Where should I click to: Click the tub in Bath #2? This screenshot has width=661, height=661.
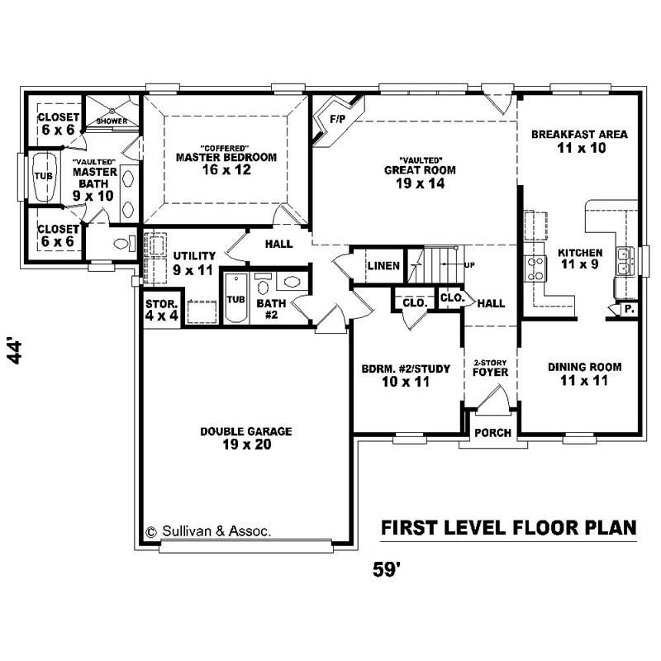coord(235,299)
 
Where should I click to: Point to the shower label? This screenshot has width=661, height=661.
coord(112,121)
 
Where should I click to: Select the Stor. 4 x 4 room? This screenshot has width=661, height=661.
coord(161,309)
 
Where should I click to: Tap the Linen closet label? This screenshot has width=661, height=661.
coord(384,266)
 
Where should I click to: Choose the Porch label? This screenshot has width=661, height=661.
coord(493,433)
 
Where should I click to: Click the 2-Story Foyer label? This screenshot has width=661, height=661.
coord(491,368)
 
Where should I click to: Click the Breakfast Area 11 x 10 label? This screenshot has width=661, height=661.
coord(579,141)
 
